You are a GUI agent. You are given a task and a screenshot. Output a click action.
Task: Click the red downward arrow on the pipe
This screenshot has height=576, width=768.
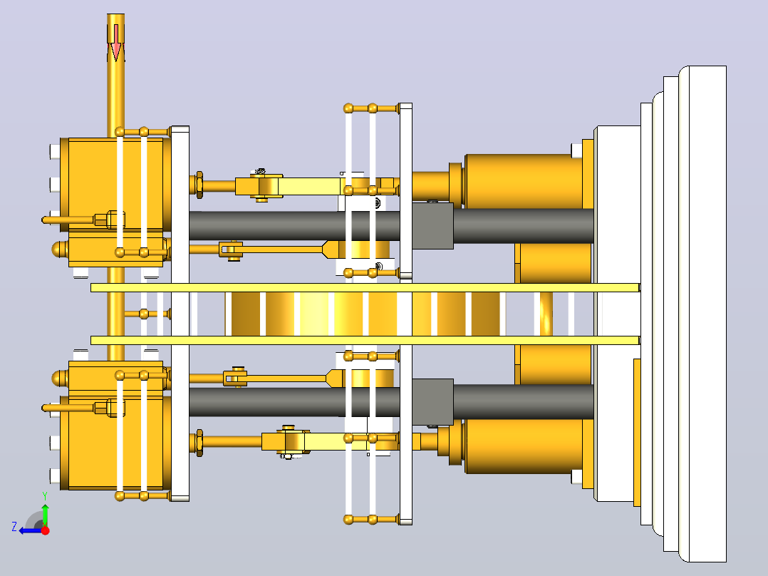point(115,43)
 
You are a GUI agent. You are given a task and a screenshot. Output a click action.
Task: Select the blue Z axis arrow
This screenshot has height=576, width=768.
point(29,530)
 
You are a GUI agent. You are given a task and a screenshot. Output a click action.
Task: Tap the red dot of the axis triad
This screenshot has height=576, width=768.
point(45,530)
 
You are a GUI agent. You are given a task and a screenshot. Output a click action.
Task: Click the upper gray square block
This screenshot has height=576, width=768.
point(432,225)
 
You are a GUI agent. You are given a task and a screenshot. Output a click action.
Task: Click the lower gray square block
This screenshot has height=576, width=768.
point(432,401)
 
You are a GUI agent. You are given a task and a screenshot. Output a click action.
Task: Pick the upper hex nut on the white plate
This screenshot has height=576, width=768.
point(199,185)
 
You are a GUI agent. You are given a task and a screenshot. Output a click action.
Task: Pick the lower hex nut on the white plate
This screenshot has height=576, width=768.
point(199,443)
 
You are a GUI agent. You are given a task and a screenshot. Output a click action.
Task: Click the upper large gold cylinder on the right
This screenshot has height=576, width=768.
point(524,181)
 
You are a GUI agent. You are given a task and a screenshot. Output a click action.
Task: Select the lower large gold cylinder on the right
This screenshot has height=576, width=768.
point(524,446)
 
